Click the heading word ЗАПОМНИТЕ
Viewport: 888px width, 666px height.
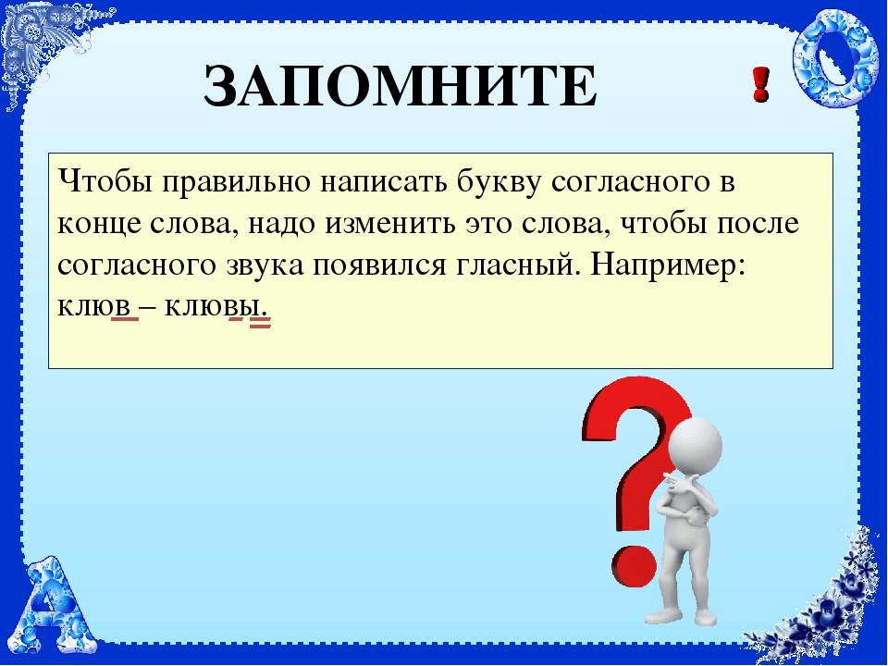[400, 87]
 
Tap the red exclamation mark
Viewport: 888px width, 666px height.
[760, 85]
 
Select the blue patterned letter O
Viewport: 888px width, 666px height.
[827, 58]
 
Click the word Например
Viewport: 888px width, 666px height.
[667, 265]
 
